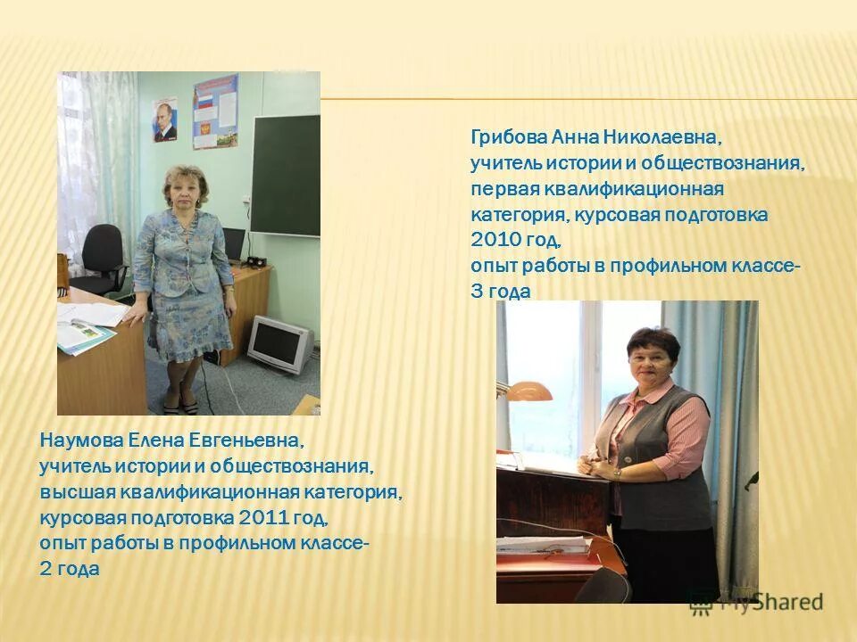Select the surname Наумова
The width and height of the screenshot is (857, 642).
(79, 441)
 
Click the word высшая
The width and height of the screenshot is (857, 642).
(71, 492)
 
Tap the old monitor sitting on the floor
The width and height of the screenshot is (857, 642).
(279, 343)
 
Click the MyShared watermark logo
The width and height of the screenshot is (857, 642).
(755, 601)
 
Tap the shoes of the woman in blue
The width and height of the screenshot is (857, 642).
(179, 405)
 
